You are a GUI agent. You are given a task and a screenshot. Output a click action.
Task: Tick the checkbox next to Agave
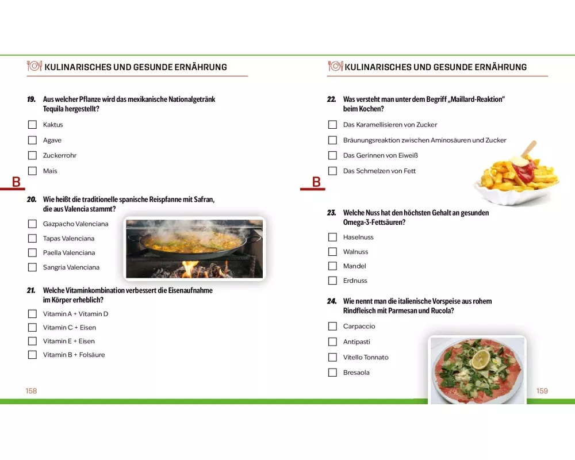[x=32, y=140]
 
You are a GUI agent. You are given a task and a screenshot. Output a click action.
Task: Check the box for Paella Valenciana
[x=32, y=253]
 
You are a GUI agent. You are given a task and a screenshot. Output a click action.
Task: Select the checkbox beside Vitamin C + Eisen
[x=32, y=328]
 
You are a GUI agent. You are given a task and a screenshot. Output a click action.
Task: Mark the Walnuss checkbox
[x=332, y=252]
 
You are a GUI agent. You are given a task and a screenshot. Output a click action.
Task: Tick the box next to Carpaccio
[x=332, y=326]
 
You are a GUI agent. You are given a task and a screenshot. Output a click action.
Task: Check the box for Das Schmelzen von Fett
[x=332, y=171]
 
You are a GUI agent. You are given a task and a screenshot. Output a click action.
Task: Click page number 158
[x=31, y=391]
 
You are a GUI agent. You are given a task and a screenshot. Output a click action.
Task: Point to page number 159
[x=542, y=391]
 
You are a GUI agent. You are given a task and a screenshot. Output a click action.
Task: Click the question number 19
[x=31, y=99]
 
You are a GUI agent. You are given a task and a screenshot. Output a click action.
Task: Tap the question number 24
[x=332, y=301]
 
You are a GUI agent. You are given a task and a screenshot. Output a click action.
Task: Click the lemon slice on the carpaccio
[x=480, y=359]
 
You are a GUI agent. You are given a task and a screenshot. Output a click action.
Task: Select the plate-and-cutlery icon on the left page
[x=34, y=66]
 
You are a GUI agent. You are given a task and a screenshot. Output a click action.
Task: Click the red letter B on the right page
[x=316, y=182]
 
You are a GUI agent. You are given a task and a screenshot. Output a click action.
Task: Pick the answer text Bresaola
[x=356, y=373]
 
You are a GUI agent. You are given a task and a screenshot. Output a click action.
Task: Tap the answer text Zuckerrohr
[x=60, y=155]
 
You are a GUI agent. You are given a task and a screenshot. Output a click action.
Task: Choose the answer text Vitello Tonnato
[x=366, y=357]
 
